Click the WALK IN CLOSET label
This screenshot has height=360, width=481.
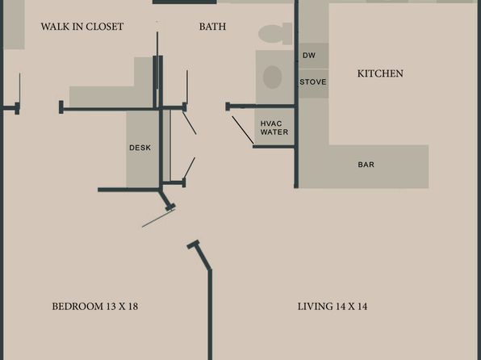tap(82, 27)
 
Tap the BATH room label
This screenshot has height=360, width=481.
tap(212, 27)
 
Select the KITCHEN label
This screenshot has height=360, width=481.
tap(380, 73)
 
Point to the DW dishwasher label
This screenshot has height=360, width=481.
tap(308, 55)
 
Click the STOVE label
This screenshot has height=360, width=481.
tap(313, 82)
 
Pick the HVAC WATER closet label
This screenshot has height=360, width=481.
tap(274, 128)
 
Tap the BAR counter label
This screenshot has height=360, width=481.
tap(366, 165)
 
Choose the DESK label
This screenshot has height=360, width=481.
tap(140, 148)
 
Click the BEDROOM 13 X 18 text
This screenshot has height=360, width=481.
tap(94, 306)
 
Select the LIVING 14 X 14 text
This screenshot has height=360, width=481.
tap(333, 306)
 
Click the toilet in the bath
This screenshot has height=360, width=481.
tap(275, 33)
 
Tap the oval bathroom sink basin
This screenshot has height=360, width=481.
tap(273, 77)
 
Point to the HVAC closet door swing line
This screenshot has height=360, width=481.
tap(243, 130)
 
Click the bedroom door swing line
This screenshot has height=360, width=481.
tap(158, 218)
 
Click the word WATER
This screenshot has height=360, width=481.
tap(274, 132)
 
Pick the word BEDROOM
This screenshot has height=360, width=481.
tap(77, 306)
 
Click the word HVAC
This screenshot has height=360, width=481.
tap(271, 123)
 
